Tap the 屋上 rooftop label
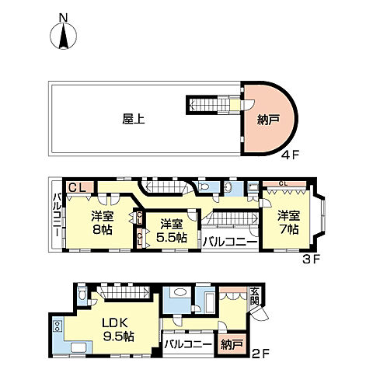[x=134, y=120]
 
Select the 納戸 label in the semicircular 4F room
[x=268, y=120]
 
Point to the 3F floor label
[x=312, y=259]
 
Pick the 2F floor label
[x=261, y=354]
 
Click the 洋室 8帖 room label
[x=103, y=222]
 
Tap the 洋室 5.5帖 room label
[x=172, y=231]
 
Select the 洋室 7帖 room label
[x=289, y=222]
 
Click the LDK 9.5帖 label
[x=118, y=329]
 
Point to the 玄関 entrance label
[x=254, y=297]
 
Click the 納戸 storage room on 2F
[x=232, y=344]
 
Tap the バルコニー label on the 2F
[x=188, y=344]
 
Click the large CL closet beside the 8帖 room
[x=80, y=187]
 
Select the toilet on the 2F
[x=82, y=294]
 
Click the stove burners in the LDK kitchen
[x=57, y=326]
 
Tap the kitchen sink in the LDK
[x=80, y=347]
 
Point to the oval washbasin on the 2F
[x=180, y=292]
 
